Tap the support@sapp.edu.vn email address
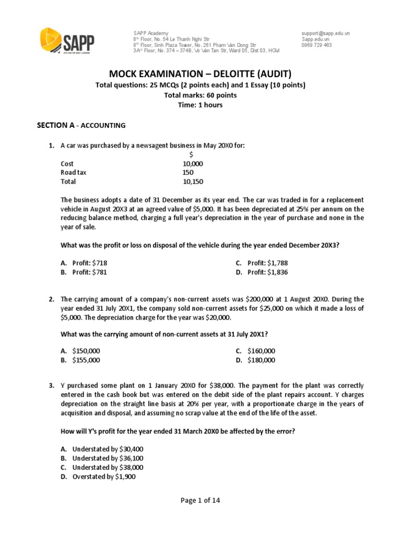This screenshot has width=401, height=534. (325, 33)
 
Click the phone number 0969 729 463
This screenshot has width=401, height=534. (316, 45)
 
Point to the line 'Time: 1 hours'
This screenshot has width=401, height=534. (200, 105)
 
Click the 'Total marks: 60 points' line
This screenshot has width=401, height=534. (200, 95)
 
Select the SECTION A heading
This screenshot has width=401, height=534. (81, 125)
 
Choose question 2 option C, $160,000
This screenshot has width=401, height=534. (261, 350)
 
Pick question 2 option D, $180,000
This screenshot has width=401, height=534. (261, 360)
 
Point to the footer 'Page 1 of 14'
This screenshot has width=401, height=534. (200, 501)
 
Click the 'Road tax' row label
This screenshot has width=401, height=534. (75, 173)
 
